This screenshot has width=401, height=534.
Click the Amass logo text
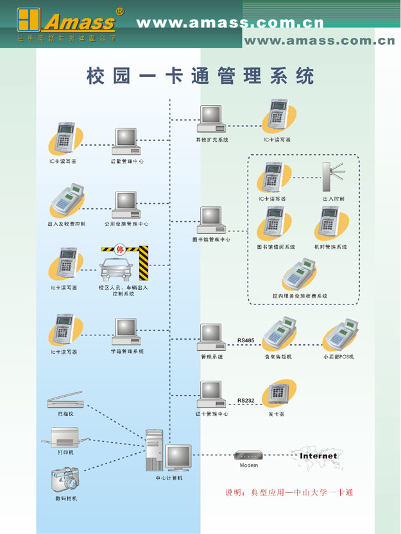(x=79, y=22)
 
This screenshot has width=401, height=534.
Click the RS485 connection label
(x=246, y=340)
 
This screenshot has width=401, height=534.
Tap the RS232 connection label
(x=246, y=401)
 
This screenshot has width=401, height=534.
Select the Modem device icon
(x=248, y=455)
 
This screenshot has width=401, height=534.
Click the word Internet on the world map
(x=318, y=456)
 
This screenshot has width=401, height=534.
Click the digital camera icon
(x=65, y=478)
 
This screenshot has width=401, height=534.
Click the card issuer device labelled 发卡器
(x=280, y=393)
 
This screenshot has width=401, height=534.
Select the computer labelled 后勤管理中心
(x=126, y=142)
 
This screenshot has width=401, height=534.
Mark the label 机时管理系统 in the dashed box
(x=330, y=247)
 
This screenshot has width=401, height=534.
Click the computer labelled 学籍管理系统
(x=126, y=331)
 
